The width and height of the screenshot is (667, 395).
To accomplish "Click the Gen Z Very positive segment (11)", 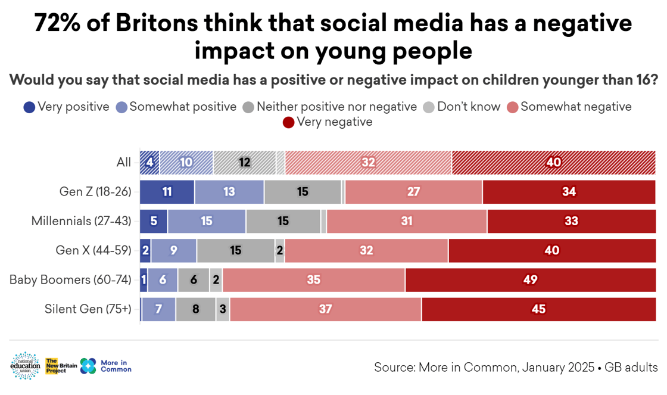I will coord(167,192).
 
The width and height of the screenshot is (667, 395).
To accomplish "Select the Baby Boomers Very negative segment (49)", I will coord(530,280).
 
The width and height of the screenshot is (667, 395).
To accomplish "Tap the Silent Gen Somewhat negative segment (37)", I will coord(325,309).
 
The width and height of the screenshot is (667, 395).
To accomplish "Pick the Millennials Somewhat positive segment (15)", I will coord(207,221).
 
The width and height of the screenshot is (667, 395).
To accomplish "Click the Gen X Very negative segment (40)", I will coord(551,250).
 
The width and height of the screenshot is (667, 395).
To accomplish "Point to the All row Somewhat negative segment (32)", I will coord(368,163).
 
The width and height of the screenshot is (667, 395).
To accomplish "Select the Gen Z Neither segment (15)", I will coord(303,192).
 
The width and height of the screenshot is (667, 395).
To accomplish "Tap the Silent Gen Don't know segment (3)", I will coord(223,309).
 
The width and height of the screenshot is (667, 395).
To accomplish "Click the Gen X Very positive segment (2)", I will coord(145,250).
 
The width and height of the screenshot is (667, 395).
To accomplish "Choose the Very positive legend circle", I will coord(29,108).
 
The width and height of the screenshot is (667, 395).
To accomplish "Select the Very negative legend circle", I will coord(289,123).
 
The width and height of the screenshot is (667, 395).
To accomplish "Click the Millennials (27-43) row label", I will coord(81,221).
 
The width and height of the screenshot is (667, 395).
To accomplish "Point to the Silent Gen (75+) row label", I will coord(88,309).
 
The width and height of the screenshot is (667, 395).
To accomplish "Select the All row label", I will coord(124,163).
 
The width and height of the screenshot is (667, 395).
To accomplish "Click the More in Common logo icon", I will coord(88,366).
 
